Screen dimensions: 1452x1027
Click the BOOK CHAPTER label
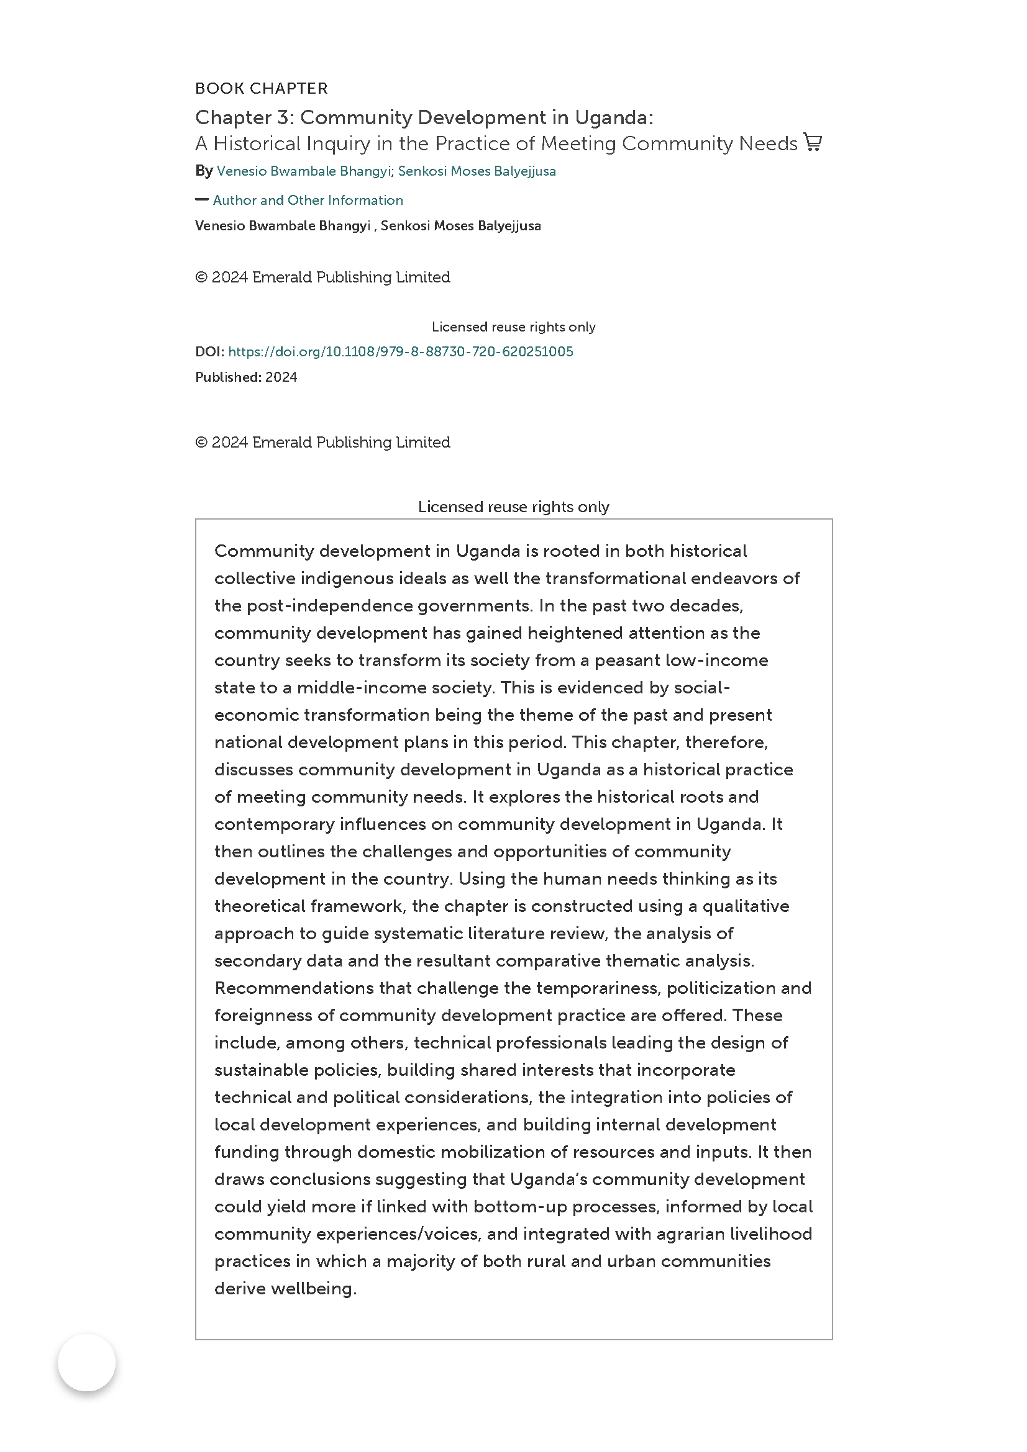pyautogui.click(x=261, y=89)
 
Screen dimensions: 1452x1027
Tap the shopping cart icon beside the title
pyautogui.click(x=813, y=142)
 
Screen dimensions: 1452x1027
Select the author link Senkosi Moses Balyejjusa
pyautogui.click(x=477, y=171)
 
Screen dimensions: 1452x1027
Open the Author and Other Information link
pyautogui.click(x=308, y=201)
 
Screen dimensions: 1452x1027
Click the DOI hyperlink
pyautogui.click(x=401, y=351)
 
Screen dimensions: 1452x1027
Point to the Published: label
pyautogui.click(x=228, y=377)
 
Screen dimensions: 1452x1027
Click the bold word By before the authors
pyautogui.click(x=204, y=171)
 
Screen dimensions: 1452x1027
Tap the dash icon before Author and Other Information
pyautogui.click(x=202, y=200)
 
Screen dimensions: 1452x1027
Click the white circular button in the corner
pyautogui.click(x=87, y=1363)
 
